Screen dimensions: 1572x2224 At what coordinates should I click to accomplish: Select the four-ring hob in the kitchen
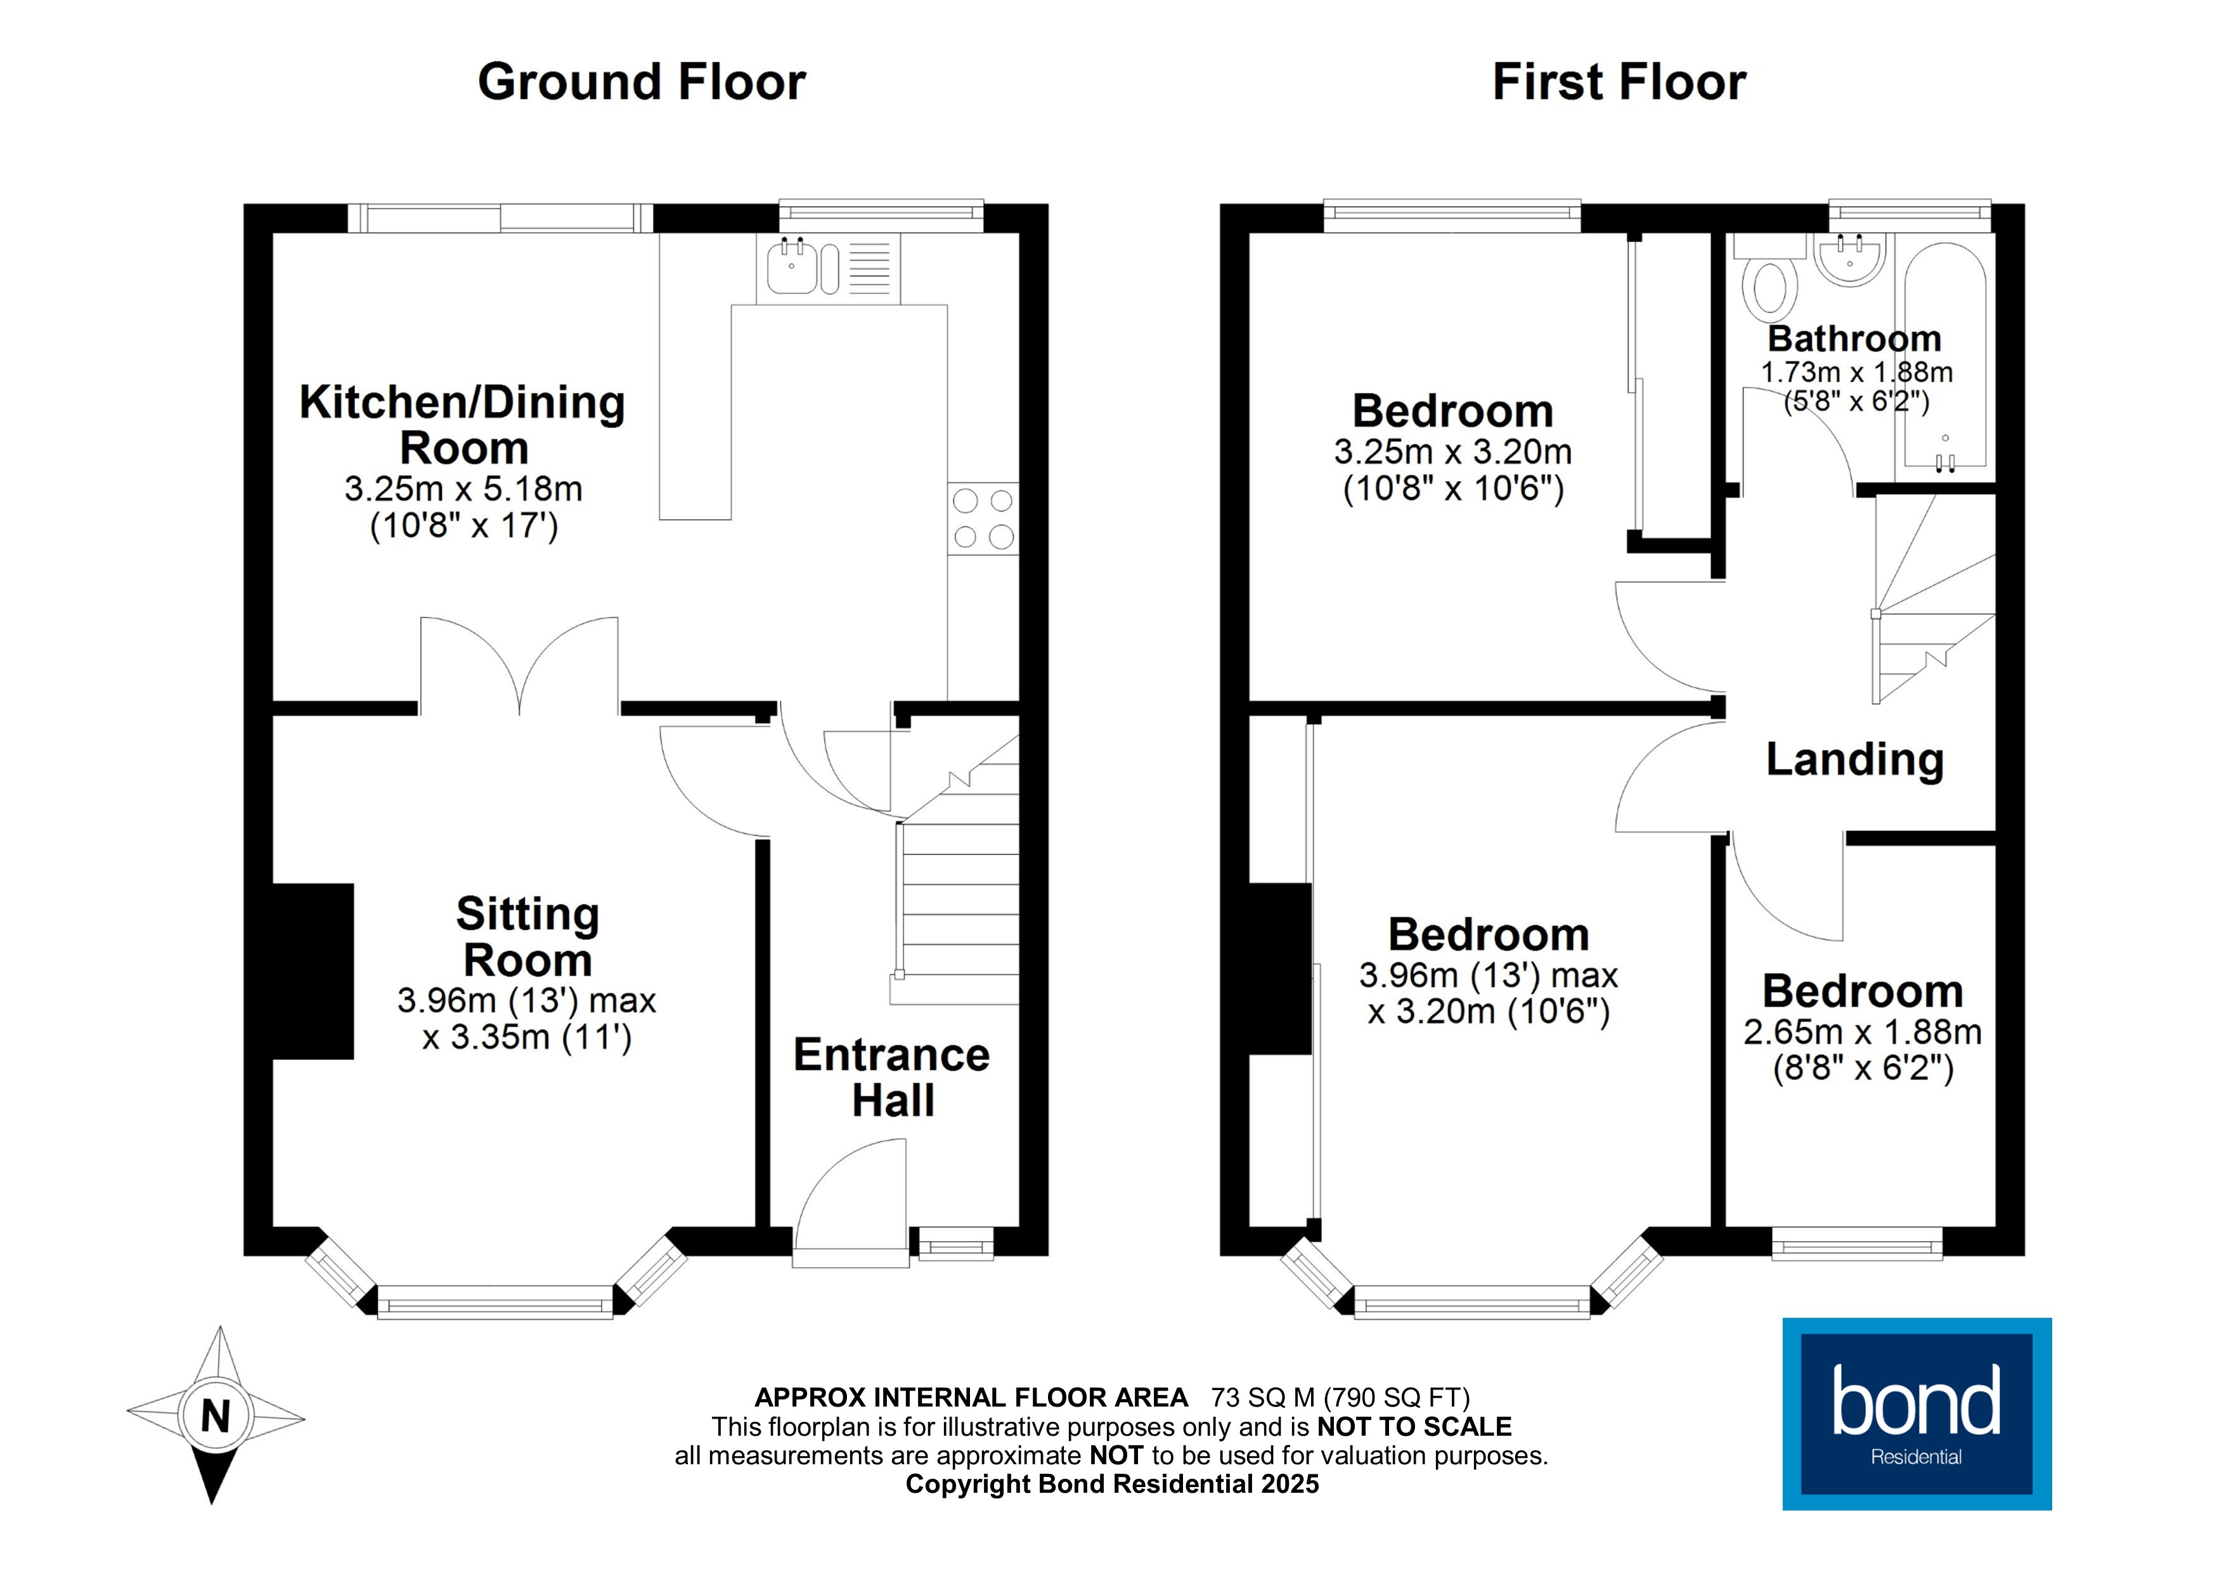(983, 518)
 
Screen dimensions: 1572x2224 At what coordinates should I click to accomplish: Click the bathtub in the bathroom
(1945, 358)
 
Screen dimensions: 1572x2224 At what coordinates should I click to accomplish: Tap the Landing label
(1854, 759)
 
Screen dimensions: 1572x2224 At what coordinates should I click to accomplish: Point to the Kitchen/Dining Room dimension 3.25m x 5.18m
(463, 489)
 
